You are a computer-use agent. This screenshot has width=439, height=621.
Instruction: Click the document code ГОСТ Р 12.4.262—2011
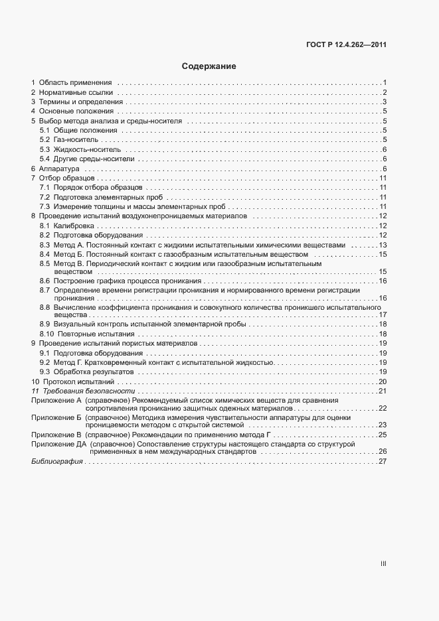coord(347,46)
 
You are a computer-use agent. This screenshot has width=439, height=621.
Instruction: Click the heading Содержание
coord(209,67)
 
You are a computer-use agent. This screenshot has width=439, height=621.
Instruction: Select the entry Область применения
coord(75,82)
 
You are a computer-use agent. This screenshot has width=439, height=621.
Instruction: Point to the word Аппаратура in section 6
coord(59,170)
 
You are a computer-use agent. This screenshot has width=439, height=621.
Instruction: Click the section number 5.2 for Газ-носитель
coord(44,140)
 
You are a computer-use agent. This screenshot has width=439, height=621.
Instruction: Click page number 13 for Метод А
coord(383,245)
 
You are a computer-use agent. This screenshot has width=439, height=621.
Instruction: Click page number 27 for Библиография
coord(383,462)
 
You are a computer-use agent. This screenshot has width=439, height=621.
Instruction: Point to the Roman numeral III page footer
coord(383,563)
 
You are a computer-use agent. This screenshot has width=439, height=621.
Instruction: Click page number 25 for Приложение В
coord(383,433)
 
